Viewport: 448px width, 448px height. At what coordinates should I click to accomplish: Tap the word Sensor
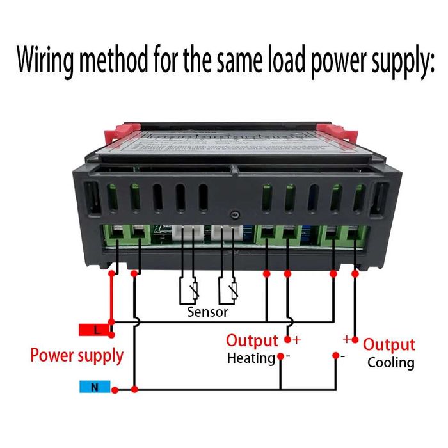pos(207,312)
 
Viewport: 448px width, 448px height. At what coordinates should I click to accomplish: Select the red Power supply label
pos(77,355)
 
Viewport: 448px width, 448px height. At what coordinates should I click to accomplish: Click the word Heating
pos(251,358)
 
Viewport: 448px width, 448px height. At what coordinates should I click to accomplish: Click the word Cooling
pos(390,363)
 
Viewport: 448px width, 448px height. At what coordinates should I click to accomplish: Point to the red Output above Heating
pos(252,340)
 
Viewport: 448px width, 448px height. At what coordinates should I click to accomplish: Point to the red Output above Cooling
pos(389,345)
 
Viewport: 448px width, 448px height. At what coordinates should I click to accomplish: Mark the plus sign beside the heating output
pos(296,339)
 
